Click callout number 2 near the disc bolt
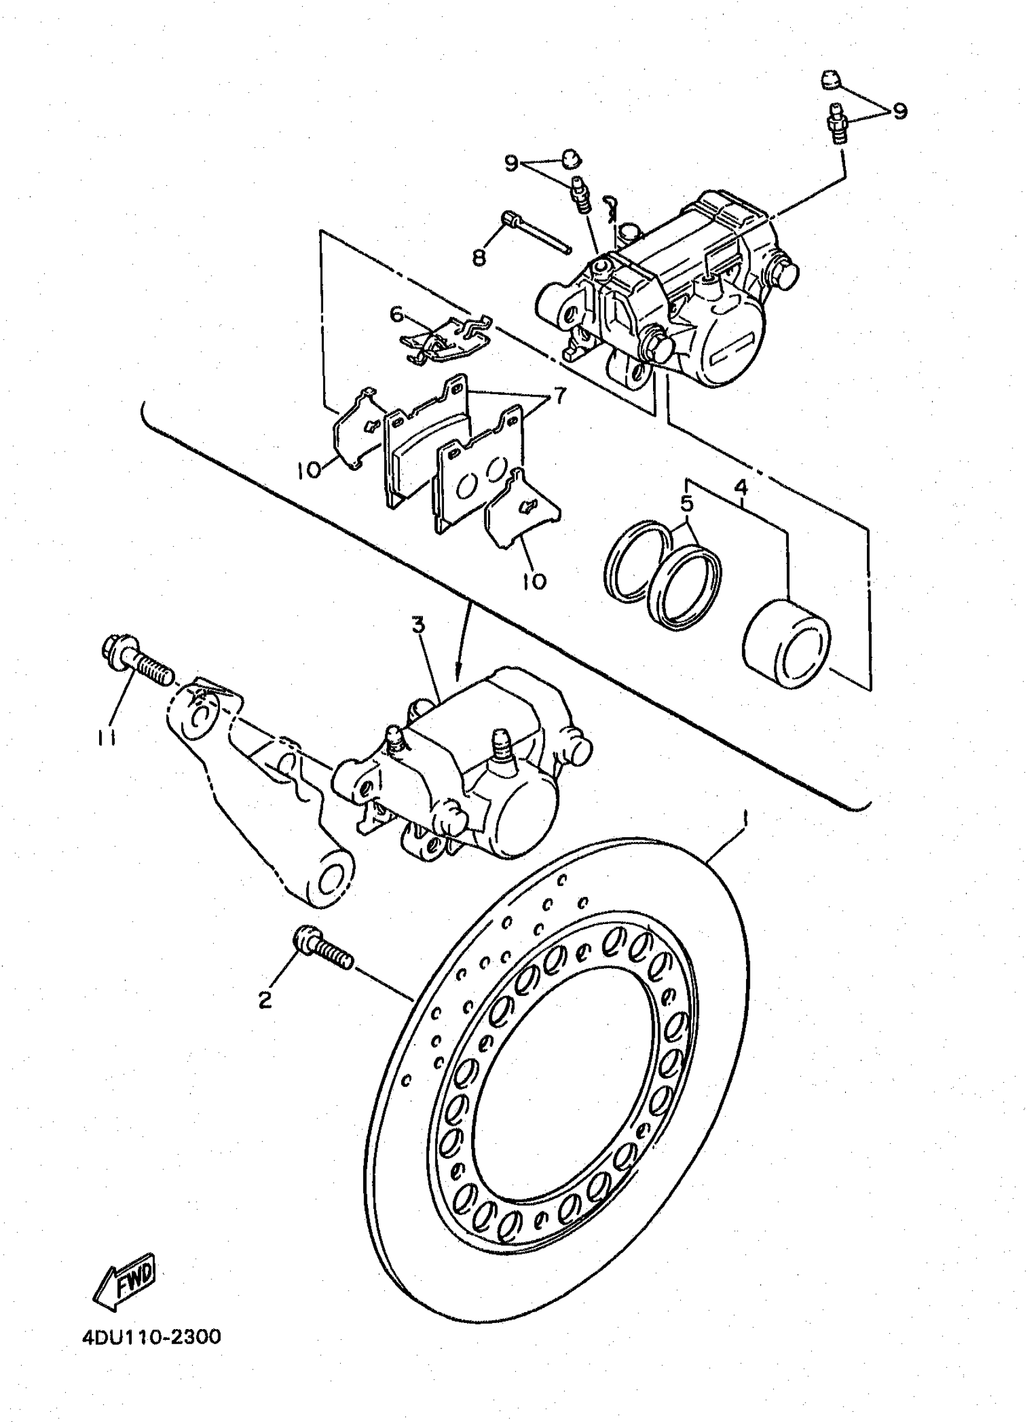click(x=266, y=1000)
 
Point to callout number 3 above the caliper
click(x=418, y=624)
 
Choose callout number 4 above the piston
click(x=741, y=486)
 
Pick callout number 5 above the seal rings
click(x=686, y=503)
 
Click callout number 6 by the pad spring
click(x=396, y=314)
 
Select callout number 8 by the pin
click(x=479, y=257)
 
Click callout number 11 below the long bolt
click(x=107, y=739)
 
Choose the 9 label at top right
click(x=900, y=112)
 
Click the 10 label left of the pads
click(x=310, y=469)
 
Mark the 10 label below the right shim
click(x=534, y=581)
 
